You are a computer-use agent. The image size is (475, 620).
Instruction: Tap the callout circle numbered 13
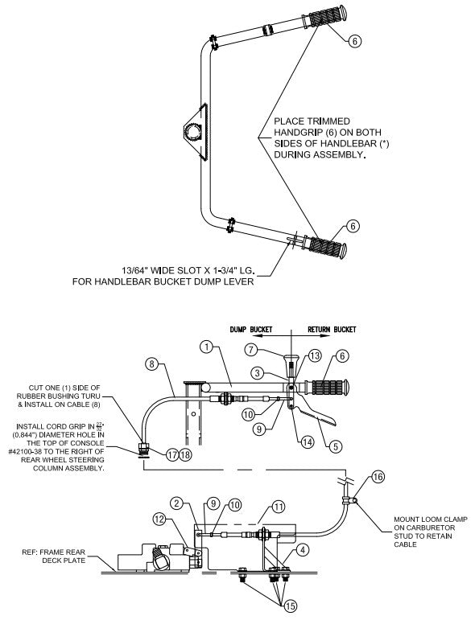pos(316,355)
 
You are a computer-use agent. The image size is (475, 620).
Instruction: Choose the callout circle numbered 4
pos(301,551)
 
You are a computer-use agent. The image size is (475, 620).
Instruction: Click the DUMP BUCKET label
pos(254,329)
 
